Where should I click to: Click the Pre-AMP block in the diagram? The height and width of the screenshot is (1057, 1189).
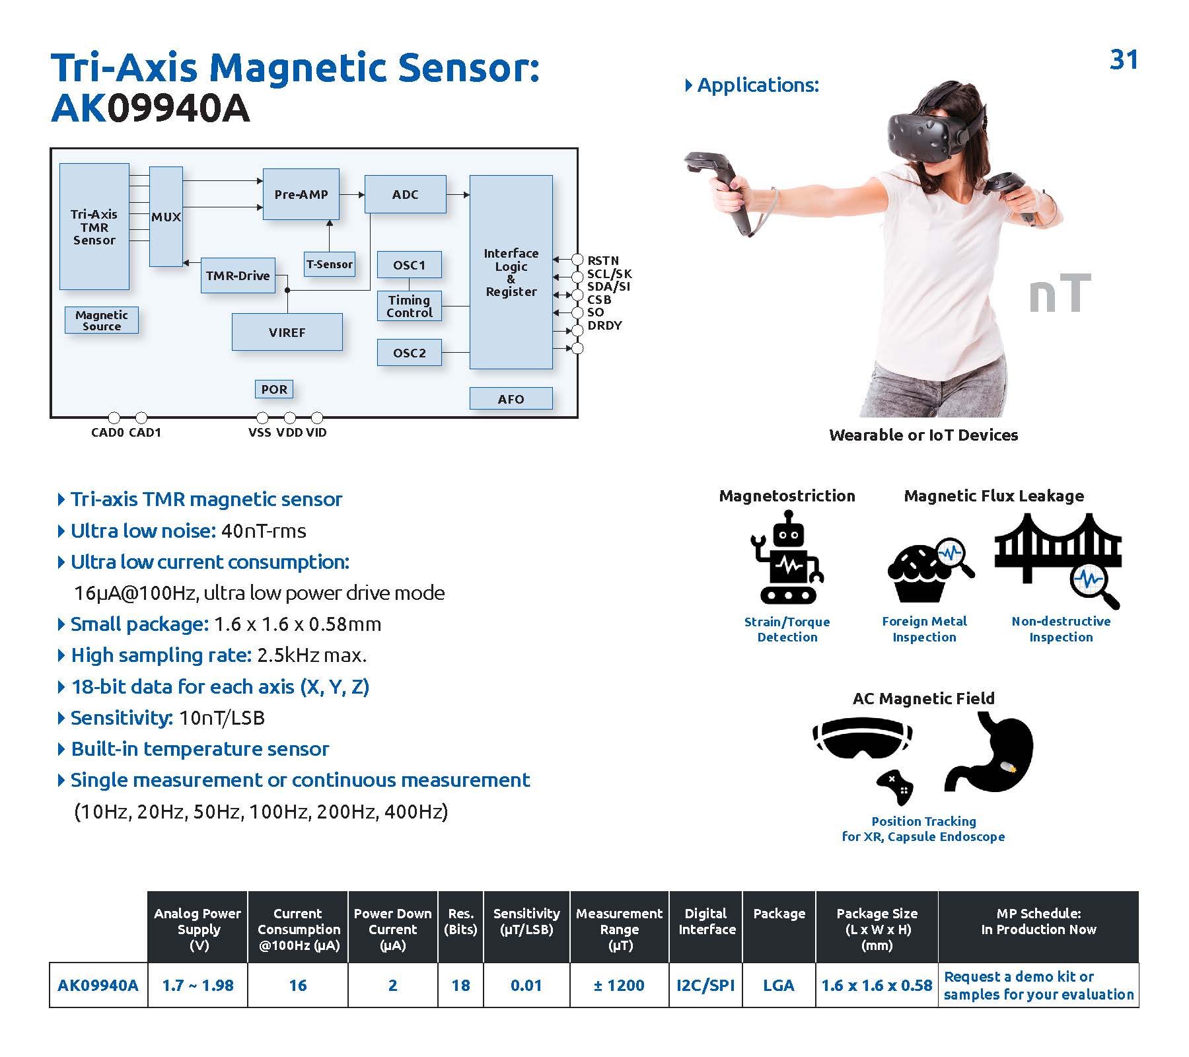coord(301,194)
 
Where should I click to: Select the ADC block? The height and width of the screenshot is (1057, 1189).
coord(405,194)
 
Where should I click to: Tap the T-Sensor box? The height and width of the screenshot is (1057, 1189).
coord(329,264)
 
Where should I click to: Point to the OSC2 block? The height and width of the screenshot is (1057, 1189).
coord(409,353)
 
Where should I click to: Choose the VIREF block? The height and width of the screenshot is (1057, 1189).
coord(287,332)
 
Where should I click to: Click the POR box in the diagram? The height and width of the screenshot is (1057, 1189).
coord(273,389)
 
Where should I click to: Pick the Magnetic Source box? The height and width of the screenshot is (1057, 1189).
coord(102,320)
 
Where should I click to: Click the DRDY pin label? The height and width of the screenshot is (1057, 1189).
coord(604,325)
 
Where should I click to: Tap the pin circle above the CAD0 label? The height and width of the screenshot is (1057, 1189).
coord(114,418)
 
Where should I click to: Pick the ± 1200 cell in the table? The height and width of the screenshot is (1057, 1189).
coord(619,985)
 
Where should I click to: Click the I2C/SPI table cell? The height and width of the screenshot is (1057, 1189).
coord(705,985)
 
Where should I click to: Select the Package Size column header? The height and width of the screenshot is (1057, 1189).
coord(877,929)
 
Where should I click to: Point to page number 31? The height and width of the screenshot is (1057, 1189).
coord(1124,59)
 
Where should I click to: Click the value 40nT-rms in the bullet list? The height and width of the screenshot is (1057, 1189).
coord(264,530)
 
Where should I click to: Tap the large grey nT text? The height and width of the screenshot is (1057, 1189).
coord(1059,294)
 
